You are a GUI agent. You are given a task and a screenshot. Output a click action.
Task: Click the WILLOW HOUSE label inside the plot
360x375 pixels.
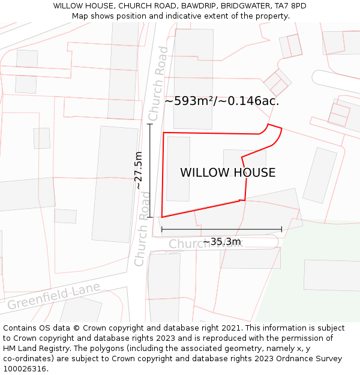(x=228, y=173)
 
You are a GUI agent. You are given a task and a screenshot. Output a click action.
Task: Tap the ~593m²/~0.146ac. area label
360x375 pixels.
(x=222, y=101)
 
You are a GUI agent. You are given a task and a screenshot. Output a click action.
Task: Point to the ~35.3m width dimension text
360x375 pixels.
(x=222, y=242)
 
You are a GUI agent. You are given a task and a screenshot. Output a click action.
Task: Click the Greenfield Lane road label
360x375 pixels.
(x=53, y=296)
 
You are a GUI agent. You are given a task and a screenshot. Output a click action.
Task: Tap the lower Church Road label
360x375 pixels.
(x=143, y=229)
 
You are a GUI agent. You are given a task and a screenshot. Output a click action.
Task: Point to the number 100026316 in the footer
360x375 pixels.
(x=23, y=369)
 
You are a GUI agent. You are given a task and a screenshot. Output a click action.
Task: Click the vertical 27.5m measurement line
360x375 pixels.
(x=150, y=170)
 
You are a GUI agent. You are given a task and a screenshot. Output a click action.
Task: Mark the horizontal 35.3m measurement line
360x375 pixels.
(x=221, y=229)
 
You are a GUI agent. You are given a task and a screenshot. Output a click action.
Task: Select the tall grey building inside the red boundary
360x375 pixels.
(x=178, y=169)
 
